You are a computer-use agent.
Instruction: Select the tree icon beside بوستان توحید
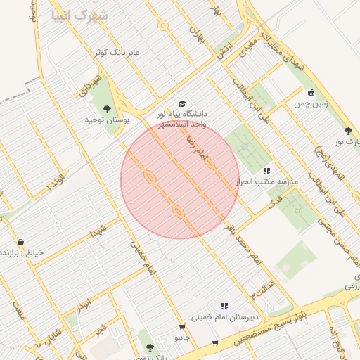(107, 109)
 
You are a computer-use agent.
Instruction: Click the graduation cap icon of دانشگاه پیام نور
(183, 104)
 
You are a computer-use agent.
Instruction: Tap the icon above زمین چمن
(311, 91)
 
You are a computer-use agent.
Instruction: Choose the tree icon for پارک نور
(347, 131)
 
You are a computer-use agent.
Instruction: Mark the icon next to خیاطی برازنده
(20, 242)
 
